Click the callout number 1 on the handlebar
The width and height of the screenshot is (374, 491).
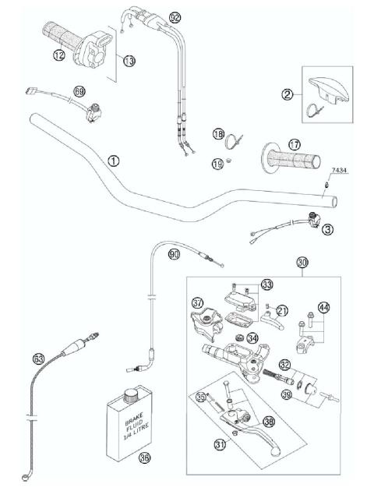pos(114,161)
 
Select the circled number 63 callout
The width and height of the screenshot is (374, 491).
pos(38,359)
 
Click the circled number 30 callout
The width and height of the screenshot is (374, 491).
pos(303,263)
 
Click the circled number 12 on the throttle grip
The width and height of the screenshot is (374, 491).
pos(58,55)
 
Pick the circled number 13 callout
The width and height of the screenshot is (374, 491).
pos(129,60)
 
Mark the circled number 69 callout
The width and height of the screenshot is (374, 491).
pos(79,92)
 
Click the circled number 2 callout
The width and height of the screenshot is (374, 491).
pos(288,95)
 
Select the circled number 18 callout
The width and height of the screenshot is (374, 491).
pos(219,135)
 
